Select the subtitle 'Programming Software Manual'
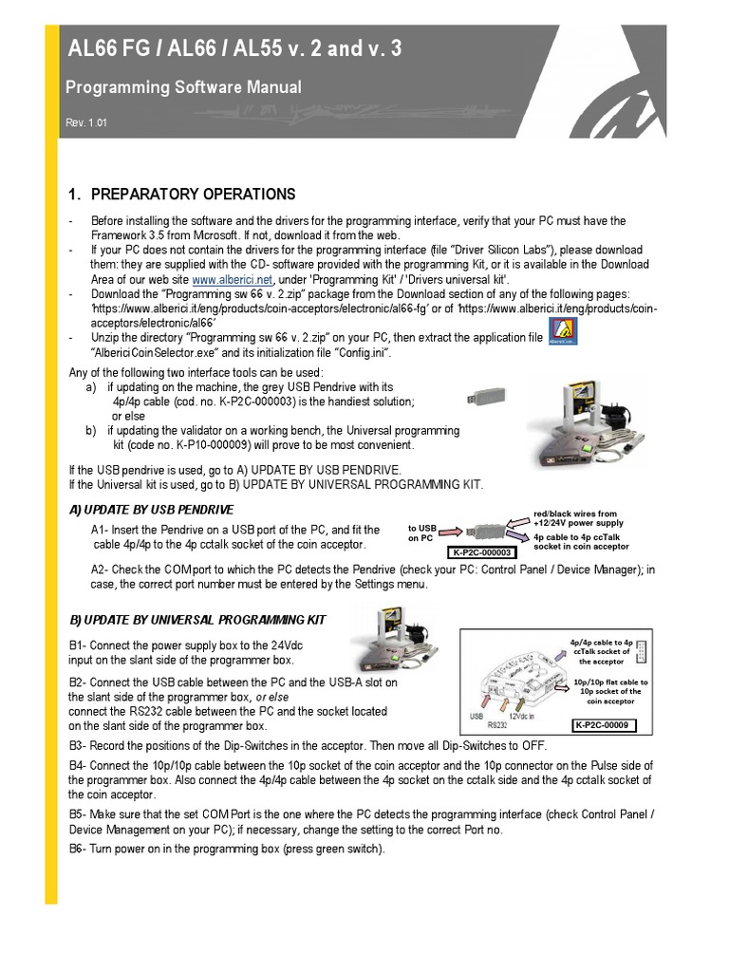pos(183,87)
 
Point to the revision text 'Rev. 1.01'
pos(86,123)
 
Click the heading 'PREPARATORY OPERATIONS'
pos(193,195)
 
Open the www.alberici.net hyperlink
pos(233,280)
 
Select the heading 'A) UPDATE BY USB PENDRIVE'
pos(151,510)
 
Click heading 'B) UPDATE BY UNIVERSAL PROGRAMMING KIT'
pos(197,620)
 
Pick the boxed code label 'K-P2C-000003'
pos(479,553)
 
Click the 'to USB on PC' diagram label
pos(421,533)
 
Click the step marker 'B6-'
pos(79,849)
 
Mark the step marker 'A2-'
pos(102,569)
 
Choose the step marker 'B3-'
pos(79,745)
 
